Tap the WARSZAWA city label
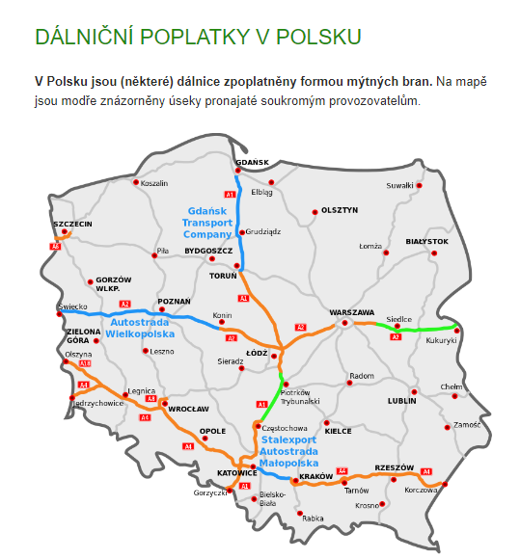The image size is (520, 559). [351, 312]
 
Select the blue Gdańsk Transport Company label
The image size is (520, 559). [207, 222]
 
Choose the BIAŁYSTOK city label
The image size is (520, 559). [427, 241]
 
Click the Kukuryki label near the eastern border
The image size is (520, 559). [440, 340]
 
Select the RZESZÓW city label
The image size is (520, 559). [394, 466]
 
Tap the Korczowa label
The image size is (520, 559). [421, 491]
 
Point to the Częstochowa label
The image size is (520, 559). [285, 427]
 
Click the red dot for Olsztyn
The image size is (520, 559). [314, 212]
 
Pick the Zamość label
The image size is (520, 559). [466, 424]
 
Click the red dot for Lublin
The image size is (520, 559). [414, 392]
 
